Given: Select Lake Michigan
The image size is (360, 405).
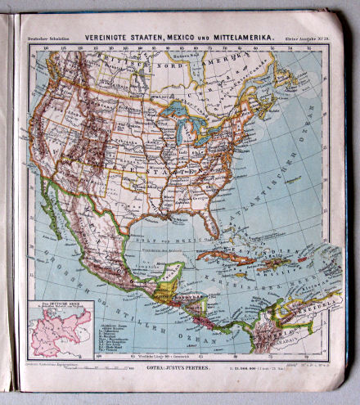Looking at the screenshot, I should point(178,129).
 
